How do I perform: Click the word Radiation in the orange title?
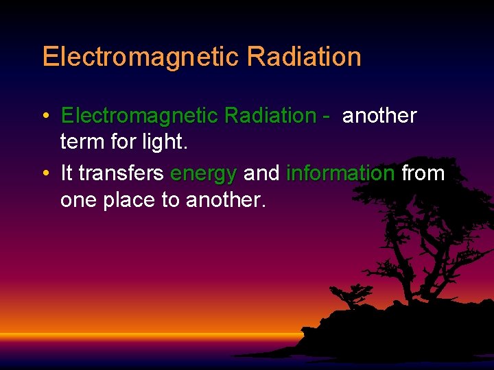(x=304, y=57)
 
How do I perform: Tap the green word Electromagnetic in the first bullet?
(x=139, y=116)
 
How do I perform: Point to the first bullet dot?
(x=45, y=116)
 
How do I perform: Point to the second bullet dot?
(x=45, y=174)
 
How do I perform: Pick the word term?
(x=81, y=143)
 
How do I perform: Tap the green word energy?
(x=204, y=174)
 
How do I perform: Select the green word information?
(x=340, y=173)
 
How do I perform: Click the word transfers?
(x=121, y=173)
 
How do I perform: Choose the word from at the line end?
(x=423, y=173)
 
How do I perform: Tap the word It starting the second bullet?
(x=67, y=173)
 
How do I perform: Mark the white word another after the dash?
(x=379, y=116)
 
